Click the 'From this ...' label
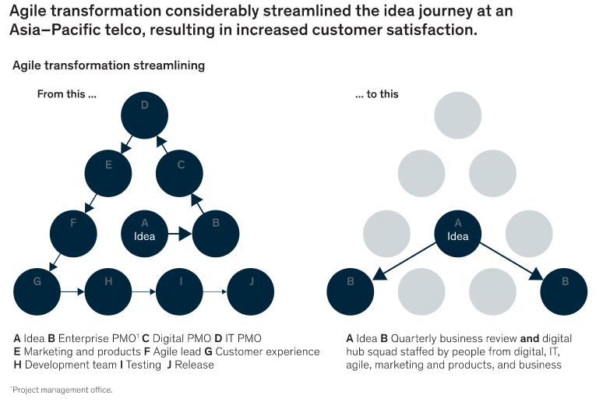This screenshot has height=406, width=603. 67,94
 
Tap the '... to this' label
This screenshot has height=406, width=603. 376,94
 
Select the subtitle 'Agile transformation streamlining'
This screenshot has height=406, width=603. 108,65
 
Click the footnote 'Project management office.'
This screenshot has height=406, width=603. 62,390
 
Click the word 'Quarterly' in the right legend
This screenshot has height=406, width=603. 414,338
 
